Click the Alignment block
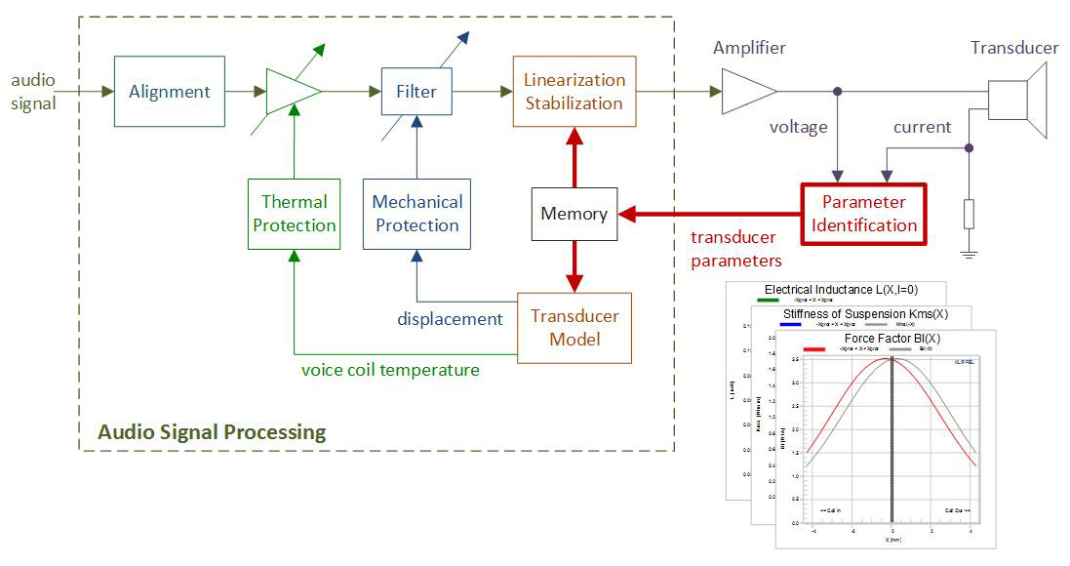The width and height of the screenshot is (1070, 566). pyautogui.click(x=170, y=92)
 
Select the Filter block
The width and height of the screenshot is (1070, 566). pyautogui.click(x=416, y=92)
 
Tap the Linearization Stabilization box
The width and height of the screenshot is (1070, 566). pyautogui.click(x=574, y=92)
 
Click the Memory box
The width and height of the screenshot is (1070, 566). pyautogui.click(x=574, y=214)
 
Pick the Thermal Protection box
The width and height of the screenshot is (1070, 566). pyautogui.click(x=295, y=214)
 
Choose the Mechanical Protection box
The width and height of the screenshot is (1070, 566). pyautogui.click(x=416, y=214)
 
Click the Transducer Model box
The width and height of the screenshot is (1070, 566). pyautogui.click(x=574, y=328)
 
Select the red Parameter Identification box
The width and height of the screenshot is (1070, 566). pyautogui.click(x=862, y=214)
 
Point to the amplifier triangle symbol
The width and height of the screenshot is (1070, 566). pyautogui.click(x=747, y=92)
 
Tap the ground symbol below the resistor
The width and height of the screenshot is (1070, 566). pyautogui.click(x=968, y=256)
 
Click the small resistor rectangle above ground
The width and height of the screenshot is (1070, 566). pyautogui.click(x=968, y=214)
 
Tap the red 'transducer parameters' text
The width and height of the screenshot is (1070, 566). pyautogui.click(x=736, y=249)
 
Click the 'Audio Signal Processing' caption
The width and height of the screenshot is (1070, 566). pyautogui.click(x=212, y=431)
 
